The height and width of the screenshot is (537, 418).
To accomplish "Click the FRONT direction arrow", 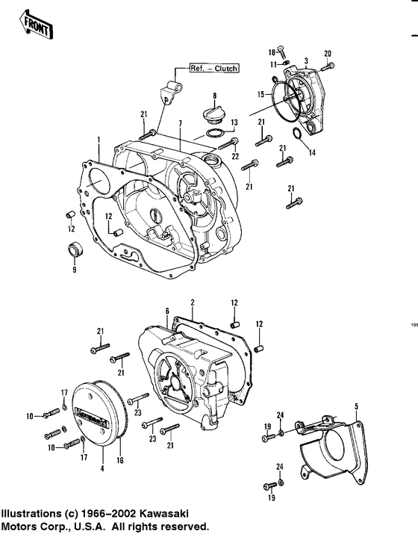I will click(x=33, y=25).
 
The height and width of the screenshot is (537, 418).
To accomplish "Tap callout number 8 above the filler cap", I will click(x=213, y=96).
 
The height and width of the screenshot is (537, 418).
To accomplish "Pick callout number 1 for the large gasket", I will click(x=98, y=140).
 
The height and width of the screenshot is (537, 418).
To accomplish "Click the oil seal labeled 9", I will click(x=75, y=250).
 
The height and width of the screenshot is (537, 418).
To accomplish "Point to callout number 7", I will click(x=179, y=122).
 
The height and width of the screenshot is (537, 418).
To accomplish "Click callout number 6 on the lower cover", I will click(x=167, y=310).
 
